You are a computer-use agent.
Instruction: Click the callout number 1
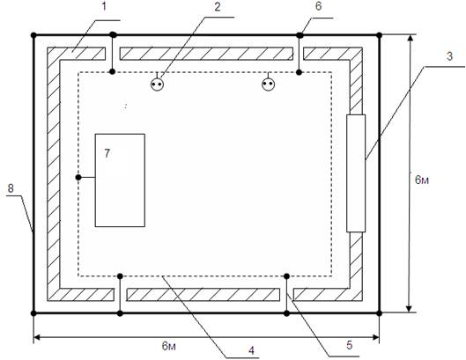click(x=104, y=6)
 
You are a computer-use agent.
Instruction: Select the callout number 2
click(x=218, y=7)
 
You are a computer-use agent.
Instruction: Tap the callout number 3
click(x=449, y=56)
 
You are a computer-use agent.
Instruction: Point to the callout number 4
click(x=252, y=351)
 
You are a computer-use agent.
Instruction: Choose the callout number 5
click(x=350, y=345)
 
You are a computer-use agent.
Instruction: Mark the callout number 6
click(x=318, y=6)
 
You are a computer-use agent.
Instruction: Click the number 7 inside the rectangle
click(x=107, y=153)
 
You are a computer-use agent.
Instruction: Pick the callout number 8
click(x=11, y=188)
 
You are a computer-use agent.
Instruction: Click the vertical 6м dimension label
click(x=422, y=180)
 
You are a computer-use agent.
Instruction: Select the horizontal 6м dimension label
click(x=169, y=346)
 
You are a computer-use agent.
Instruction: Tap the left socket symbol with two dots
click(x=157, y=84)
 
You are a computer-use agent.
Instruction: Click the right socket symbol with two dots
click(x=269, y=84)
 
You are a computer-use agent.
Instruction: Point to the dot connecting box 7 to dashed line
click(x=78, y=177)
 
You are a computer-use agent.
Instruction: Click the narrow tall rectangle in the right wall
click(x=356, y=173)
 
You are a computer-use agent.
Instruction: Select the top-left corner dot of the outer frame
click(x=33, y=35)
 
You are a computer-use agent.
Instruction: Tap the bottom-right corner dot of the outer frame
click(x=379, y=313)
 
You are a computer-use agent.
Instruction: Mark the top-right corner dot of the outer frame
click(x=379, y=35)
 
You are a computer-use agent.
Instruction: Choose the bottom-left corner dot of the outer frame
click(x=33, y=313)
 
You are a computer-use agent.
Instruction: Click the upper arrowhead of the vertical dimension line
click(x=411, y=39)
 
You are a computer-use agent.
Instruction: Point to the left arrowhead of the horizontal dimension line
click(x=37, y=337)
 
